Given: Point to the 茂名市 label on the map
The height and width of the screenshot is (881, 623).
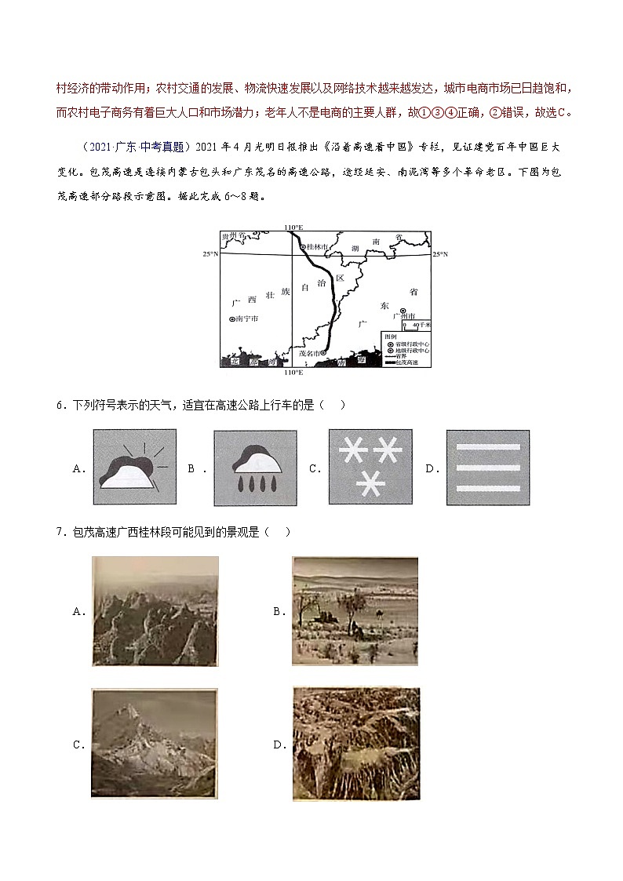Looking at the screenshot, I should (307, 354).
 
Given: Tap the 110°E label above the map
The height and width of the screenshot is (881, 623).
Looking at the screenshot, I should (293, 227).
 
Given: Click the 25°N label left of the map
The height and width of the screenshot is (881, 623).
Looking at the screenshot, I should (209, 254).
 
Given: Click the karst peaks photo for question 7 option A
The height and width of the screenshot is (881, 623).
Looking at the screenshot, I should (155, 611).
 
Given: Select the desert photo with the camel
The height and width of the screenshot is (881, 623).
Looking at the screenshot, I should (355, 611).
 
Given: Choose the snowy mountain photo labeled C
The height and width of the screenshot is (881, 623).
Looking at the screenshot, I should (153, 744).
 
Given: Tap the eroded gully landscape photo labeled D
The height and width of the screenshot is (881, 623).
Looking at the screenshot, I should (355, 744).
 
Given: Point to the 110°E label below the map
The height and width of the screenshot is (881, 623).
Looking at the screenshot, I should (293, 372).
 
